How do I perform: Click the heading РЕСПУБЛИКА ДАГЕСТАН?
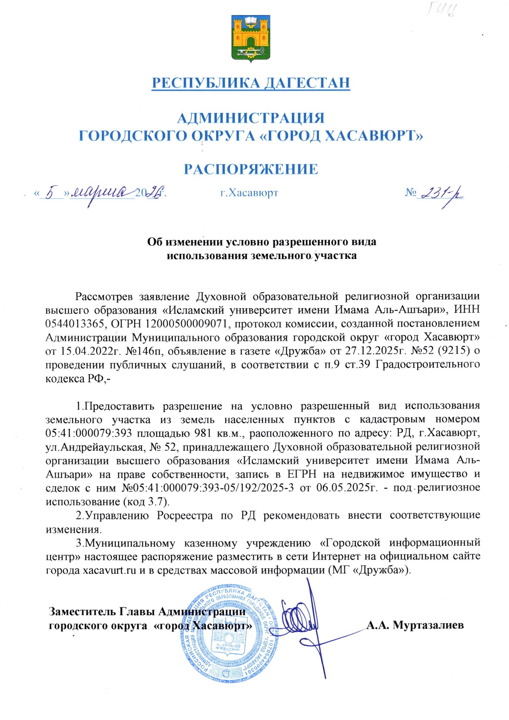251,83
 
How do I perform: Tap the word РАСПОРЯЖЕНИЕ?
251,169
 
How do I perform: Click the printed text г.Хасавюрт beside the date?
250,192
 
